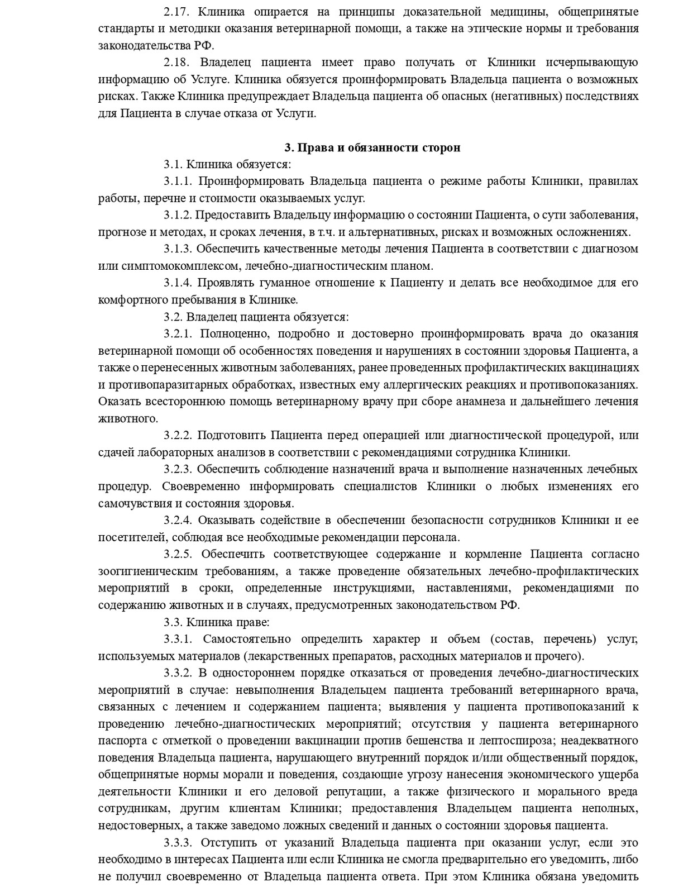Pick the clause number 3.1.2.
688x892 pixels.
(178, 215)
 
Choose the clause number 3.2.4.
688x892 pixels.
(178, 520)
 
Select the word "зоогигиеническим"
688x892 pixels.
(148, 571)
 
